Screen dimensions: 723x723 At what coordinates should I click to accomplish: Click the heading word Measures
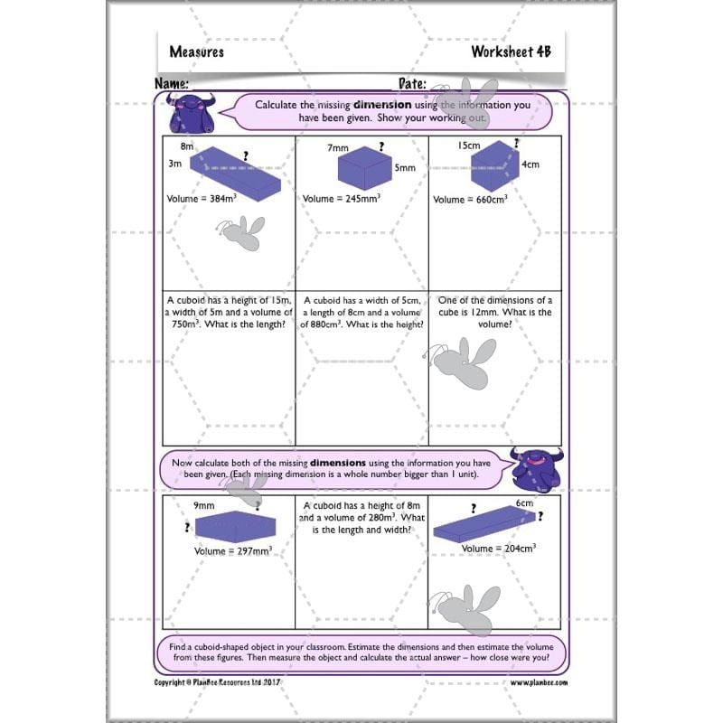click(x=197, y=52)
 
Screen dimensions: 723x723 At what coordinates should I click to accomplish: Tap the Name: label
click(x=172, y=83)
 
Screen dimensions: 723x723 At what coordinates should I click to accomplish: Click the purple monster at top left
click(x=190, y=112)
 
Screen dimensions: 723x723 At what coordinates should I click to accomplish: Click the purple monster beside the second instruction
click(x=535, y=466)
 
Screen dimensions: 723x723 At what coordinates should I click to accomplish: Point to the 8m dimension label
click(x=187, y=146)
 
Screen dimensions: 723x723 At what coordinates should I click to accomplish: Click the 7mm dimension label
click(x=338, y=146)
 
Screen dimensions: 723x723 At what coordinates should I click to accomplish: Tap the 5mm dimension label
click(x=404, y=168)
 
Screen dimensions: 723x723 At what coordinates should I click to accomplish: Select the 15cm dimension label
click(x=468, y=146)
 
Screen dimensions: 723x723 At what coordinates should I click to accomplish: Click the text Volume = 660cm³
click(x=470, y=199)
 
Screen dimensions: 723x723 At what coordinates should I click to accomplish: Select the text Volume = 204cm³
click(x=499, y=549)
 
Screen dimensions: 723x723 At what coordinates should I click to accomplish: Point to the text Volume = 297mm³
click(x=233, y=550)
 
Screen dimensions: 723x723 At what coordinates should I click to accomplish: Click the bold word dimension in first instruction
click(x=382, y=105)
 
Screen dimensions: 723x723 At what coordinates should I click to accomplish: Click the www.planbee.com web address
click(x=539, y=682)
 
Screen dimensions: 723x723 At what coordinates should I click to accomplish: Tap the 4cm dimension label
click(x=531, y=164)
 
